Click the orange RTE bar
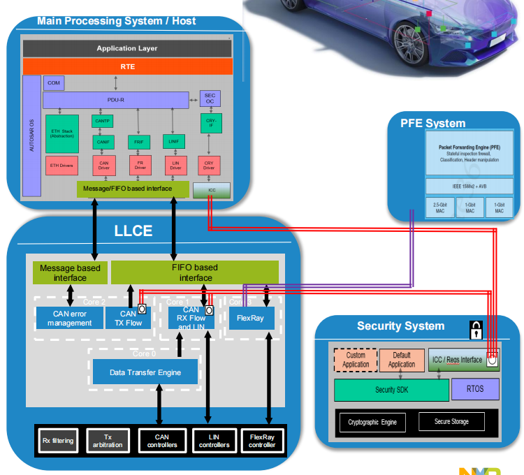127,66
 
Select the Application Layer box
127,48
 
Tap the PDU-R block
115,100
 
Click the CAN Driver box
103,165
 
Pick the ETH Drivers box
61,165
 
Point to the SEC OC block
210,98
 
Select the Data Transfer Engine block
145,372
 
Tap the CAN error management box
69,318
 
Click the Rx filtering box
57,441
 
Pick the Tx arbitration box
107,441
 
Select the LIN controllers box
214,441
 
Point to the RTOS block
475,389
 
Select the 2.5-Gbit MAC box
439,207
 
